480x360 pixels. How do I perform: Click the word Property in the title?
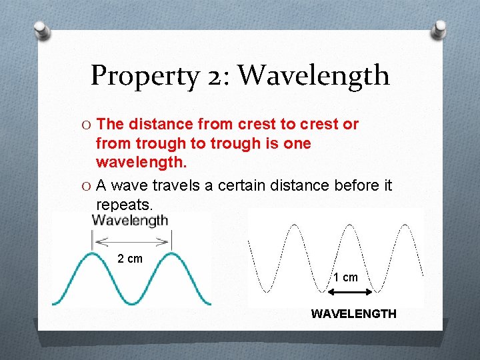point(143,75)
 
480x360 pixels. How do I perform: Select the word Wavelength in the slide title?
point(314,75)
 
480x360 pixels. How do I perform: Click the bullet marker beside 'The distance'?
point(87,125)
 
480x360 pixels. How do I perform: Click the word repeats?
point(125,205)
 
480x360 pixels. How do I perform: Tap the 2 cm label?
point(130,259)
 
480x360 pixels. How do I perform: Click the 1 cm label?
point(345,277)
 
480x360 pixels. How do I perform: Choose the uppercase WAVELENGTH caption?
point(353,313)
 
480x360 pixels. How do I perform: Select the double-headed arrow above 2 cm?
point(131,241)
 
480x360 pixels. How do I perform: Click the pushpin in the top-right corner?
point(439,30)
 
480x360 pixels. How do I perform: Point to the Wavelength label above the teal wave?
point(130,221)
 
